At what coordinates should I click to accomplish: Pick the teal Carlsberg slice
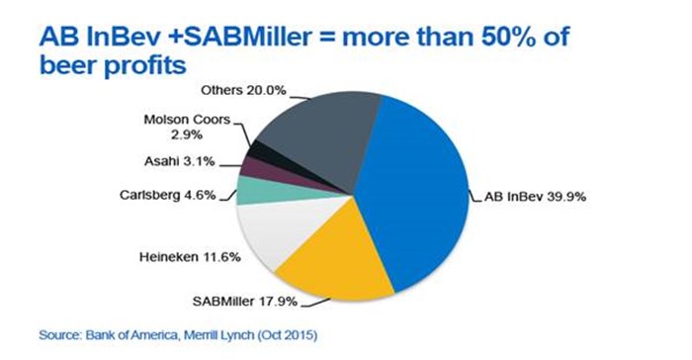(253, 190)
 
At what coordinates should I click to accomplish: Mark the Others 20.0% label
(242, 90)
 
